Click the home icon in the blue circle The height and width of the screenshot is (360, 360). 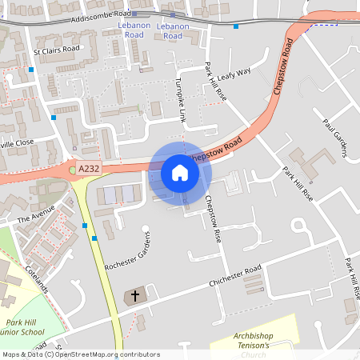179,172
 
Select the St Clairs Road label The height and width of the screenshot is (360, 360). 57,50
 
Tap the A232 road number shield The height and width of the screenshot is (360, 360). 90,168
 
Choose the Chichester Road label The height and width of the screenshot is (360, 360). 236,282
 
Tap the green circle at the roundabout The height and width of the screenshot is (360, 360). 71,170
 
